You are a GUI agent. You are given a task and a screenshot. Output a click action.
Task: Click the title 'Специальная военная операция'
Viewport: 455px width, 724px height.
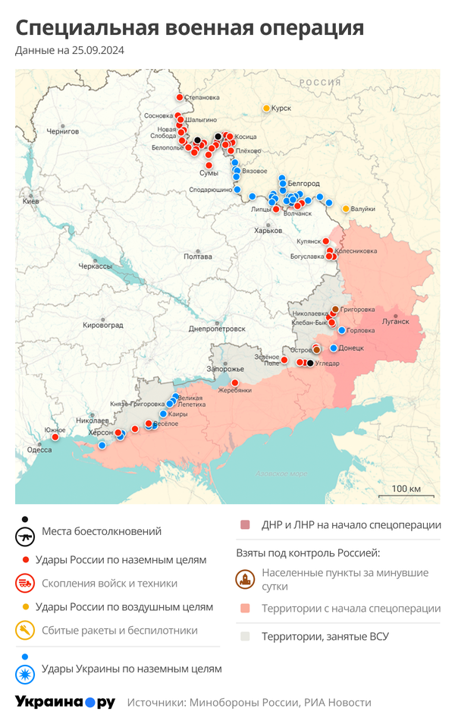point(190,29)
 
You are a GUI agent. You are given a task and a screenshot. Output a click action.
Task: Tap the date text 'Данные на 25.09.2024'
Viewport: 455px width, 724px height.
point(70,51)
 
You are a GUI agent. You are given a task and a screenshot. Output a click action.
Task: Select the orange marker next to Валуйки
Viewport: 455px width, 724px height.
point(346,209)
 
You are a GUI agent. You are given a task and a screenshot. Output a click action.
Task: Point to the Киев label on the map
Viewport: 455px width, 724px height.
point(30,202)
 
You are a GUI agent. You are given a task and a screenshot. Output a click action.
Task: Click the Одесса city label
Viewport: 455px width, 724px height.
point(39,449)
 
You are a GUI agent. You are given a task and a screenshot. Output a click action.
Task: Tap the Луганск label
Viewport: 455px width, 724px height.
point(394,321)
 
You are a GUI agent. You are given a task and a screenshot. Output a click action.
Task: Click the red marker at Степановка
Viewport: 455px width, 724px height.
point(180,97)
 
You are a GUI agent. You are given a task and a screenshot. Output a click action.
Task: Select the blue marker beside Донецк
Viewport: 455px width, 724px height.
point(334,348)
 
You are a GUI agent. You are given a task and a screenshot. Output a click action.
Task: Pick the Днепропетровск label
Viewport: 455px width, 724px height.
point(217,329)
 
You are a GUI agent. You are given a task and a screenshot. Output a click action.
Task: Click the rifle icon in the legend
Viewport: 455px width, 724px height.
point(25,536)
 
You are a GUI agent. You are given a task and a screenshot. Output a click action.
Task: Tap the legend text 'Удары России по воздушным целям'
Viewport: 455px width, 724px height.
point(124,606)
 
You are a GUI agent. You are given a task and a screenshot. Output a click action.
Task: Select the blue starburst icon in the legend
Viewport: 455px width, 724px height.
point(25,673)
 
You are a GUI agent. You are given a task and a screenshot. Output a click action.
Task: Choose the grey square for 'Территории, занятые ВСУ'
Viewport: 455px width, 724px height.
point(244,636)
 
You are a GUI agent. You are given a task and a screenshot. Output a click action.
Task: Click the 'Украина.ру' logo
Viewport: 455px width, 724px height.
point(65,702)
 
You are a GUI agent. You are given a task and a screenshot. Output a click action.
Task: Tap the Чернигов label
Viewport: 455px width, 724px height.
point(62,131)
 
